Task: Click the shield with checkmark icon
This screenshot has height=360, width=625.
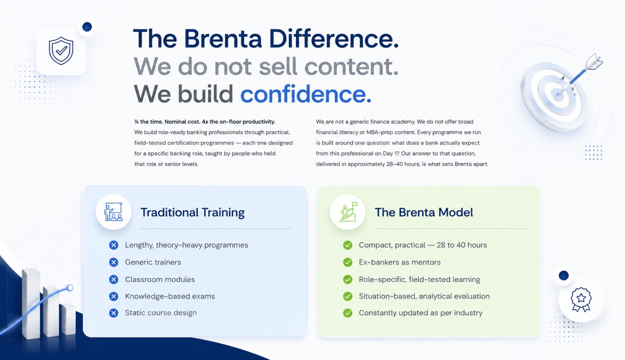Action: point(61,51)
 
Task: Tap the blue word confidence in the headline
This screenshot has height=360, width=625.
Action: point(306,94)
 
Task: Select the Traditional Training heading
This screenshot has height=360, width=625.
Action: point(193,212)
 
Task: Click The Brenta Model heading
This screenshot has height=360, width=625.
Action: point(424,212)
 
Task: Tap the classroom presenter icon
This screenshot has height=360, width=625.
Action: point(113,212)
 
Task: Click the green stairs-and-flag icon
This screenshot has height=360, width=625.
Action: point(348,212)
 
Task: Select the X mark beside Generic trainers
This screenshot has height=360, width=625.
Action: point(114,262)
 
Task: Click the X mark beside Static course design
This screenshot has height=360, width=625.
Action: point(114,313)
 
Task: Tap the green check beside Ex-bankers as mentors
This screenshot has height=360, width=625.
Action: point(348,262)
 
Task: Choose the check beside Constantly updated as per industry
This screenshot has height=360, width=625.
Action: point(348,313)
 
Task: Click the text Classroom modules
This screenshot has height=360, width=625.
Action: point(160,279)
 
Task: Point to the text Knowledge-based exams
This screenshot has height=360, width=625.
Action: point(170,296)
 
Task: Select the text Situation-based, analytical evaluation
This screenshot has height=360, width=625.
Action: point(424,296)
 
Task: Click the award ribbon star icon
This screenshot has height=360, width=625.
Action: point(581,299)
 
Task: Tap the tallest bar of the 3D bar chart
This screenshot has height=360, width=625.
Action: point(31,304)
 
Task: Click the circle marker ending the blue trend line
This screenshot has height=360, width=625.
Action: point(70,288)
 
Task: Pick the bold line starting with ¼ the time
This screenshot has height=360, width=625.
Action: point(205,122)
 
